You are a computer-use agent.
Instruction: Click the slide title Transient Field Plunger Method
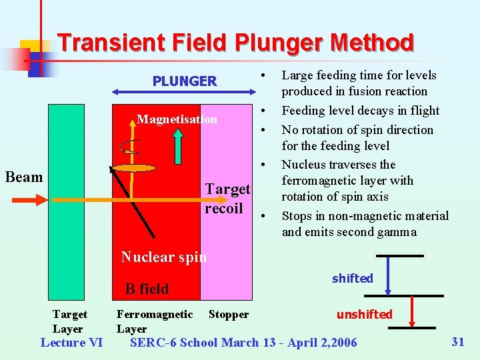tap(235, 43)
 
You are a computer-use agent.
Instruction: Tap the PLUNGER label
tap(185, 81)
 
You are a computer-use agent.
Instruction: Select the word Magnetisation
tap(177, 119)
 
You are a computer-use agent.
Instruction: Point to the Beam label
tap(23, 177)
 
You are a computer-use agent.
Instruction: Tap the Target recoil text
tap(227, 199)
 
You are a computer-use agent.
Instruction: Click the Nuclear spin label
tap(163, 257)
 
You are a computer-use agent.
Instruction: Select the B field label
tap(147, 289)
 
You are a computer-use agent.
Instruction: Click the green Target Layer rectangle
tap(67, 200)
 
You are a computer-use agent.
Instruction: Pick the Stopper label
tap(229, 314)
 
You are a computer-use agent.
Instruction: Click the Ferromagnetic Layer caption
tap(154, 321)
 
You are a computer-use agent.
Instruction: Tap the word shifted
tap(352, 278)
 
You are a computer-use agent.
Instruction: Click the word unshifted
tap(364, 314)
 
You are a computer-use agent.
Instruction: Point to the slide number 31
tap(457, 342)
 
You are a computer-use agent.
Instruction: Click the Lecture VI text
tap(71, 343)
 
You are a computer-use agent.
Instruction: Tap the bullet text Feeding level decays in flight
tap(360, 111)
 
